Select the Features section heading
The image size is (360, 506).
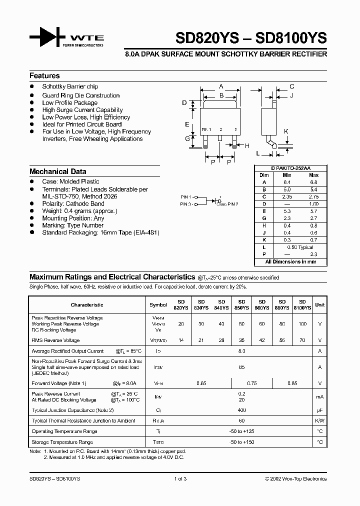44,76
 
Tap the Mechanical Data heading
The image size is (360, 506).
57,171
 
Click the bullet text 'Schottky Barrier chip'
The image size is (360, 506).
70,87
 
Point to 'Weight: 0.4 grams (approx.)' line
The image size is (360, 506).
79,211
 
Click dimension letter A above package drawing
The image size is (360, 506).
221,86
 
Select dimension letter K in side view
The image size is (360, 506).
286,131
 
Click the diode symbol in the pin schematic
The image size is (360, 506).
215,201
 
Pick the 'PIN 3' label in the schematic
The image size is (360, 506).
186,204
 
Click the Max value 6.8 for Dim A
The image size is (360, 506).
313,182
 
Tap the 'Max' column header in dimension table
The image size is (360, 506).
313,175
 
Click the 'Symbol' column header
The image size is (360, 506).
158,304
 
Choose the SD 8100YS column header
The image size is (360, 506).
302,305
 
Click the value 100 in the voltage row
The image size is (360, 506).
302,324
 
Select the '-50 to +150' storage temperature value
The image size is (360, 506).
242,442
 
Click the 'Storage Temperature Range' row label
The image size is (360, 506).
62,442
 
